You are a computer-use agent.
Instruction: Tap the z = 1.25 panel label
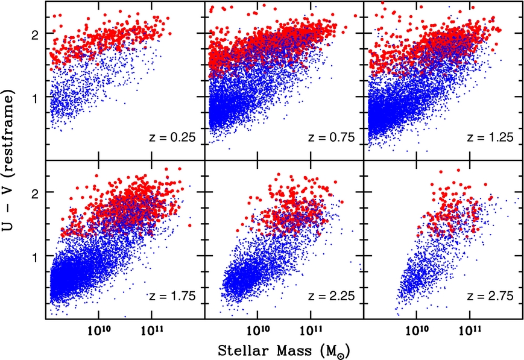pos(492,137)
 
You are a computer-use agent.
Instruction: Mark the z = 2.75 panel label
pos(492,296)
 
